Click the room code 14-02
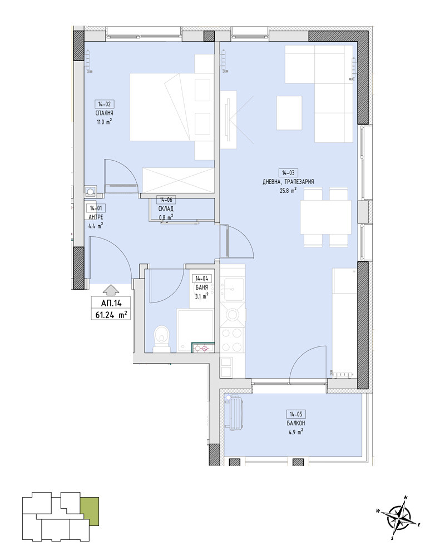[x=105, y=104]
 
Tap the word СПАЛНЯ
[x=105, y=113]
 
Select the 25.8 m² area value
[x=288, y=190]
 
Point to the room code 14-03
[x=288, y=173]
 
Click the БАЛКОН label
[x=296, y=423]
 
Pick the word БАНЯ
[x=201, y=287]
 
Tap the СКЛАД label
[x=166, y=209]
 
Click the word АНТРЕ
[x=96, y=217]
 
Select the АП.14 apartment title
[x=111, y=303]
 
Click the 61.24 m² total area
[x=111, y=315]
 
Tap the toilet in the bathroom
[x=161, y=339]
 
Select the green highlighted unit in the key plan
[x=90, y=511]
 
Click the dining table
[x=326, y=217]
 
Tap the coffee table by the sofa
[x=289, y=113]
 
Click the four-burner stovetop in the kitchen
[x=233, y=339]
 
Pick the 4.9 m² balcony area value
[x=296, y=432]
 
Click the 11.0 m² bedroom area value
[x=105, y=122]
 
